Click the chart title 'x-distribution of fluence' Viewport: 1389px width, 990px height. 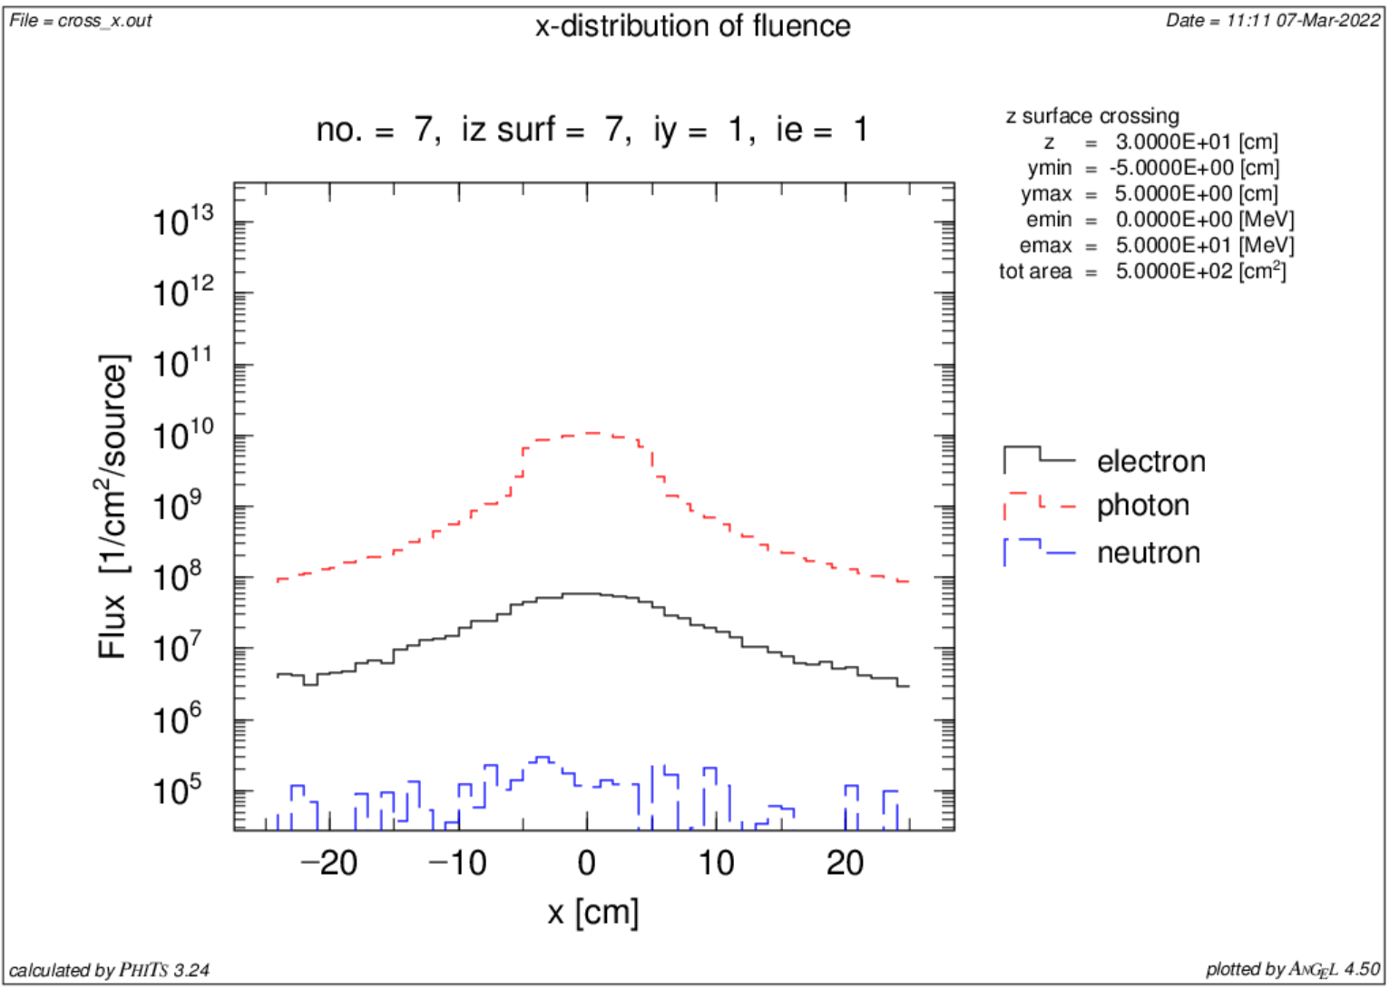692,26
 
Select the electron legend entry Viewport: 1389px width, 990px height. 1150,462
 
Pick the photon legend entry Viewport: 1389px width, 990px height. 1142,505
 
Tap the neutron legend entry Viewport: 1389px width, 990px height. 1148,553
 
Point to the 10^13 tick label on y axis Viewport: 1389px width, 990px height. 182,221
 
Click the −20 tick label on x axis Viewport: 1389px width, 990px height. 328,863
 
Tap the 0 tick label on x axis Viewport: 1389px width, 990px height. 587,863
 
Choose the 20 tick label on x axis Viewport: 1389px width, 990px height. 845,863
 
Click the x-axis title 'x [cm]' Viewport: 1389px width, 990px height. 593,912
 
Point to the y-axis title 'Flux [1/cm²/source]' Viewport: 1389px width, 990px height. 114,506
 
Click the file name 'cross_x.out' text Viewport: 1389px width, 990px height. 104,20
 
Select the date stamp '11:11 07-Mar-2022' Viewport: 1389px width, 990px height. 1303,20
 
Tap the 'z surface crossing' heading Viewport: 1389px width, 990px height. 1092,116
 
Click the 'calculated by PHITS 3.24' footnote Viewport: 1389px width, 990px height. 110,970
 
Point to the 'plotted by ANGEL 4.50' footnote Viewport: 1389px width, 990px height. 1293,970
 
